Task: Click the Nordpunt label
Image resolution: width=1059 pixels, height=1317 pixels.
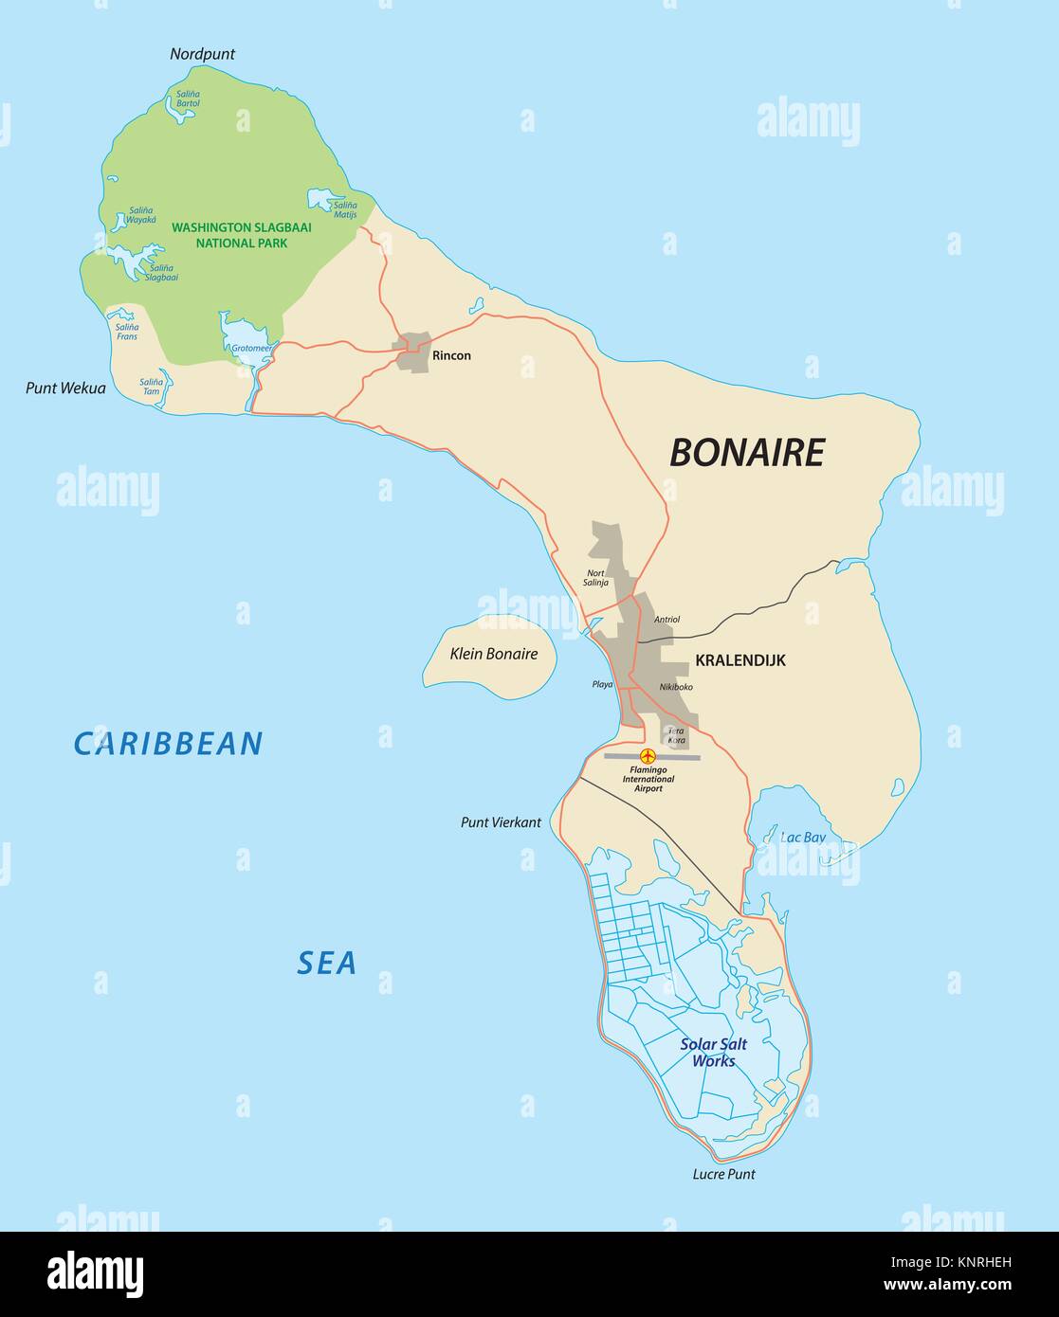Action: click(202, 54)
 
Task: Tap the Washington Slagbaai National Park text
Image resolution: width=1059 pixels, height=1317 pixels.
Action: click(241, 235)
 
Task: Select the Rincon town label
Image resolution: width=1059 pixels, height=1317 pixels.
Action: click(451, 356)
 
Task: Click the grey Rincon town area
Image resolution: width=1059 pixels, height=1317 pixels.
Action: click(413, 352)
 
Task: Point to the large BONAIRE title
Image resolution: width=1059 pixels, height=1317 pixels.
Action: click(747, 453)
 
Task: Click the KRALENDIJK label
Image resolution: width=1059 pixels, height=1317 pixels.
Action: click(740, 660)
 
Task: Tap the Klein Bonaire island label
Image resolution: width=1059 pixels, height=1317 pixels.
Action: click(493, 654)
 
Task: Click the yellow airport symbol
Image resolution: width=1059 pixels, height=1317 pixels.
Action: click(648, 756)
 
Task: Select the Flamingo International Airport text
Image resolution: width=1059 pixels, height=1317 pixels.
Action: click(649, 780)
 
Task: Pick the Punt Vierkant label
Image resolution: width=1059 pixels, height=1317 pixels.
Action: click(501, 822)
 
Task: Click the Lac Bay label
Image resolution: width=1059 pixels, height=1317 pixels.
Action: click(803, 838)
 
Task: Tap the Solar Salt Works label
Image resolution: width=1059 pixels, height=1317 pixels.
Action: click(713, 1053)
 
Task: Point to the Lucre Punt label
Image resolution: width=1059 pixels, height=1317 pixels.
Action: click(723, 1174)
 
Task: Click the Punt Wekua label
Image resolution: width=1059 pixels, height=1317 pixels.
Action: click(65, 388)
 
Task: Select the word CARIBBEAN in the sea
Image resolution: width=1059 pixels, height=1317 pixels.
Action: click(168, 744)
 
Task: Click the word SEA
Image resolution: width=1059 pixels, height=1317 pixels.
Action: click(326, 963)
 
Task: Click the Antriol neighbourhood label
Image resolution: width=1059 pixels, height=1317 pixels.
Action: click(666, 620)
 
